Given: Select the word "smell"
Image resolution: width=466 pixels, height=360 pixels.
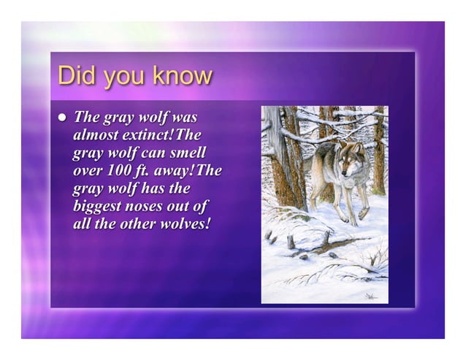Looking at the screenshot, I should [x=187, y=153].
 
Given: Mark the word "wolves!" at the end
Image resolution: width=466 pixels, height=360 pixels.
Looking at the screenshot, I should [x=187, y=223].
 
